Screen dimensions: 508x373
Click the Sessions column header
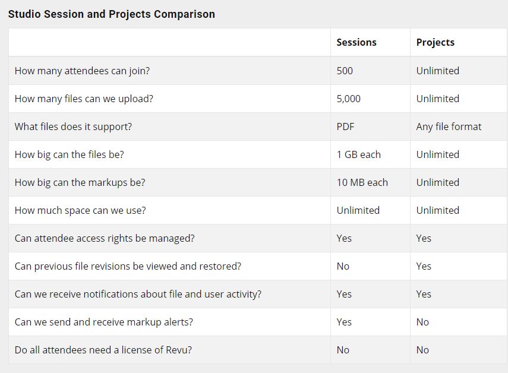tap(356, 42)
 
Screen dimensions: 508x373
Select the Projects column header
tap(436, 42)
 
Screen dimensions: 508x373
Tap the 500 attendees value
tap(345, 71)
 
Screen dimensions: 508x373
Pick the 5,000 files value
tap(349, 99)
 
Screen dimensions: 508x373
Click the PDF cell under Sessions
tap(345, 127)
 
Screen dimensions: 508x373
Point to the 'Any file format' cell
tap(449, 127)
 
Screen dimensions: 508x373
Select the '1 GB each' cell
tap(359, 154)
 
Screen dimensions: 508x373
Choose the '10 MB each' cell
tap(362, 182)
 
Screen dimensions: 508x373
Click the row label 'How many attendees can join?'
tap(83, 71)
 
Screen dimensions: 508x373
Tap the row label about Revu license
tap(103, 350)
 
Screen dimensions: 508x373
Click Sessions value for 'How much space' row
tap(358, 210)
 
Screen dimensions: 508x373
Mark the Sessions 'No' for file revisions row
tap(343, 266)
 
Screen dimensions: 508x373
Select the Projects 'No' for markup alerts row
tap(422, 322)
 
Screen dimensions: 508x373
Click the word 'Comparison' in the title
tap(184, 14)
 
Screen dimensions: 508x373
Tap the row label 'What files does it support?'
tap(73, 127)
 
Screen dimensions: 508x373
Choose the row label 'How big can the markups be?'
tap(80, 182)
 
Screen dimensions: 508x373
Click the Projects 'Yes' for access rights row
tap(424, 238)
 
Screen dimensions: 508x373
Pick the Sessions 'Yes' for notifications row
tap(344, 294)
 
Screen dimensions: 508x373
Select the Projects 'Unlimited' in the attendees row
tap(438, 71)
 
